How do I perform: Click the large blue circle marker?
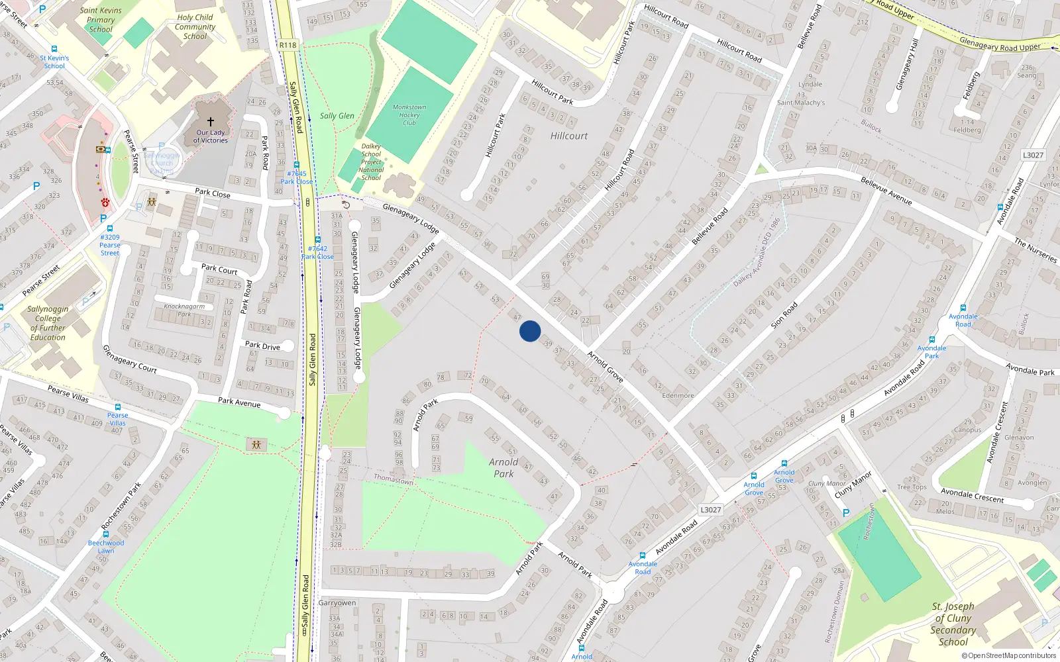pyautogui.click(x=530, y=331)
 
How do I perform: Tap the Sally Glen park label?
pyautogui.click(x=337, y=116)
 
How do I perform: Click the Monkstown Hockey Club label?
pyautogui.click(x=409, y=115)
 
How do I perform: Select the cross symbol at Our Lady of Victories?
pyautogui.click(x=211, y=122)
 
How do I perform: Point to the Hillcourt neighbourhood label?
pyautogui.click(x=569, y=136)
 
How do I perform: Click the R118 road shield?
pyautogui.click(x=288, y=45)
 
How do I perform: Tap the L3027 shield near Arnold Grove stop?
pyautogui.click(x=711, y=510)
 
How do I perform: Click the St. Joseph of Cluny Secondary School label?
pyautogui.click(x=953, y=624)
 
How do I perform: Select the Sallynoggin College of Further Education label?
pyautogui.click(x=48, y=323)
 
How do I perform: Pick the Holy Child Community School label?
pyautogui.click(x=195, y=27)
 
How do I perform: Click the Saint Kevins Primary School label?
pyautogui.click(x=101, y=20)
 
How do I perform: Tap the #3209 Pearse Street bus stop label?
pyautogui.click(x=110, y=245)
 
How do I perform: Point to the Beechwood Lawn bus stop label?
pyautogui.click(x=106, y=546)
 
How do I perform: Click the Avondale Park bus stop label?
pyautogui.click(x=931, y=352)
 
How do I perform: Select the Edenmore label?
pyautogui.click(x=678, y=396)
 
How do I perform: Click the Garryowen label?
pyautogui.click(x=337, y=602)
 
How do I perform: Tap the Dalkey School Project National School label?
pyautogui.click(x=371, y=162)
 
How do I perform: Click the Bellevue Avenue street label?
pyautogui.click(x=886, y=191)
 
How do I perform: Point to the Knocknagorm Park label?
pyautogui.click(x=184, y=310)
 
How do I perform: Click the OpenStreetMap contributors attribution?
pyautogui.click(x=1009, y=656)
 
